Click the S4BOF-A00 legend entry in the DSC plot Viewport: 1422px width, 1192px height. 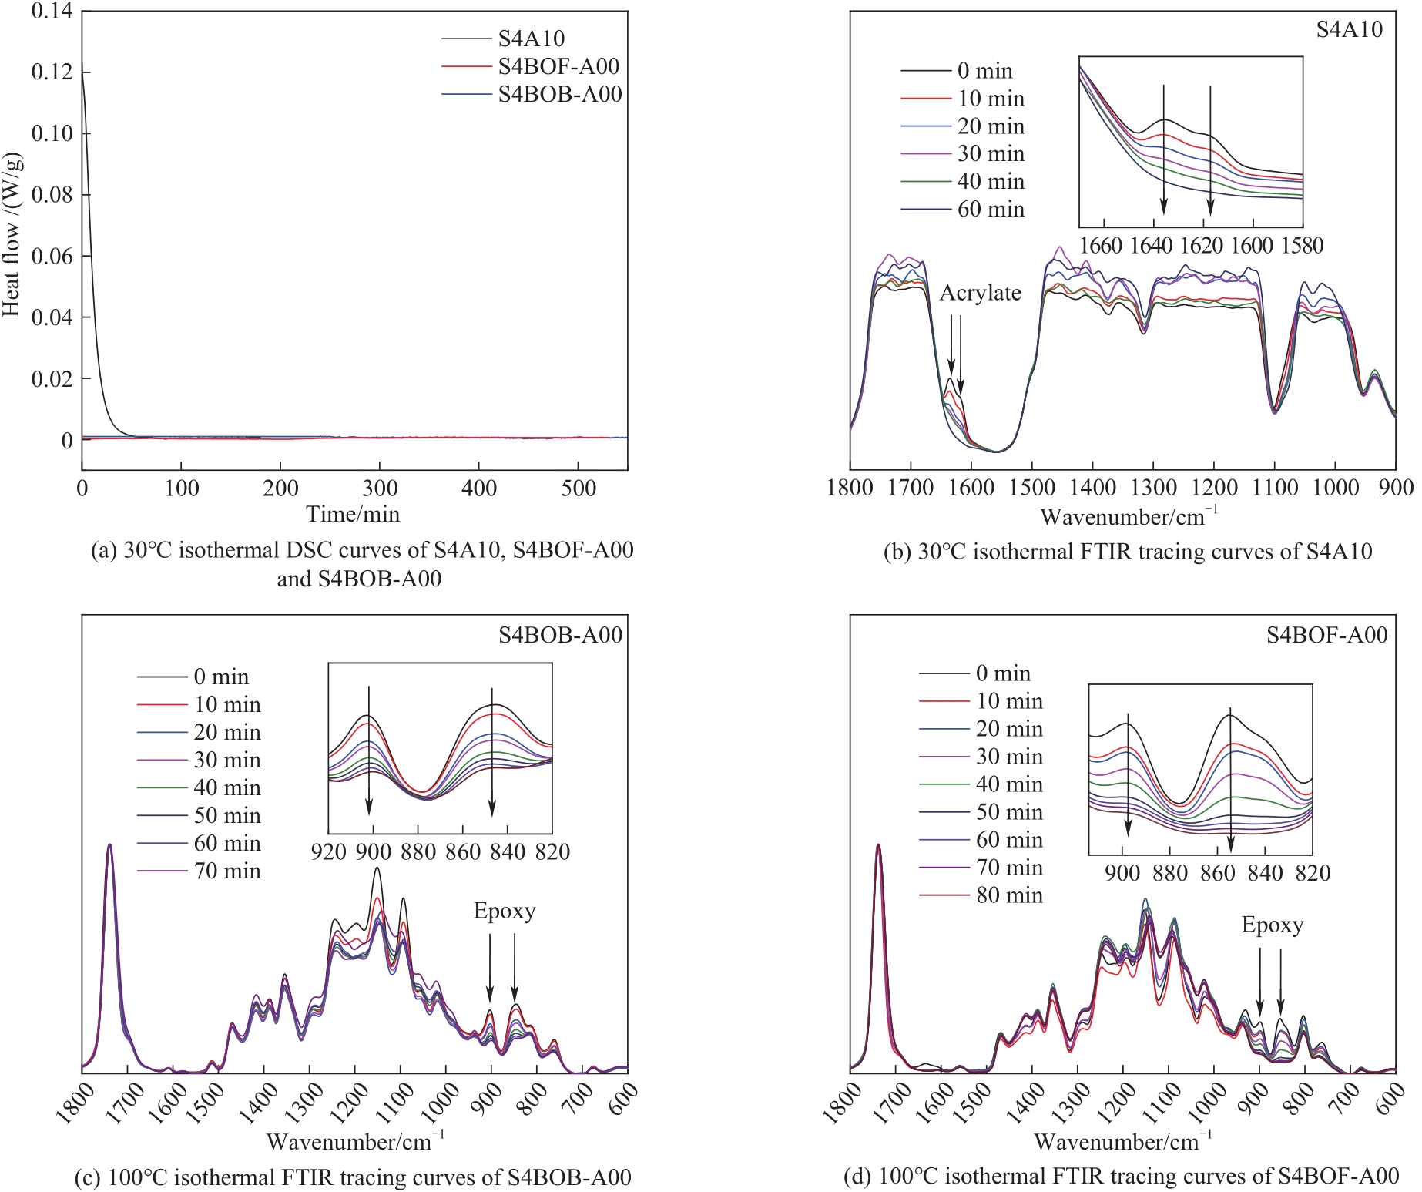click(558, 66)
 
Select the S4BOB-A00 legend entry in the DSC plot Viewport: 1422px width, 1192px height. click(559, 94)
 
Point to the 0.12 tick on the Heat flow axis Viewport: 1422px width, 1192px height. click(52, 72)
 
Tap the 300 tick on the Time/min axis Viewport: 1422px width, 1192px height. click(380, 489)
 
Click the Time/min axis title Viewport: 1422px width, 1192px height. click(353, 514)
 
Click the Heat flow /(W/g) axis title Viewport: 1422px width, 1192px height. click(12, 235)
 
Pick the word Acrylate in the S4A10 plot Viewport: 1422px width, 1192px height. click(980, 293)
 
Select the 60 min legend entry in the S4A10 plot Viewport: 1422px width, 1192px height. click(991, 210)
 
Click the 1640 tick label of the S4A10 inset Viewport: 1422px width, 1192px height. click(1151, 246)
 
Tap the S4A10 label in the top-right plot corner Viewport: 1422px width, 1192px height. click(1349, 29)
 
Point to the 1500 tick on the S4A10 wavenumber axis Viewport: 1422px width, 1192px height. click(1032, 489)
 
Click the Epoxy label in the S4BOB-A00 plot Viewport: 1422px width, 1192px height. click(505, 911)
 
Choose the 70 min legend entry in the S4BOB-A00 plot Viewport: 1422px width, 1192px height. click(227, 871)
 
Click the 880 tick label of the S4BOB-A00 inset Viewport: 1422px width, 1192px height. click(418, 852)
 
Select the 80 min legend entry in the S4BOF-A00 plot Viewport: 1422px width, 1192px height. click(1009, 895)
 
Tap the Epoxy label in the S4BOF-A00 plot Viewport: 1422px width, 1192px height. click(1273, 925)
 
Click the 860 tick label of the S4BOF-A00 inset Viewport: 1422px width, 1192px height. click(1218, 873)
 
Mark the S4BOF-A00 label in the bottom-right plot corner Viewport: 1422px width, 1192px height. click(1326, 635)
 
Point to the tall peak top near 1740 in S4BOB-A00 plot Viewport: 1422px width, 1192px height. click(109, 845)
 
